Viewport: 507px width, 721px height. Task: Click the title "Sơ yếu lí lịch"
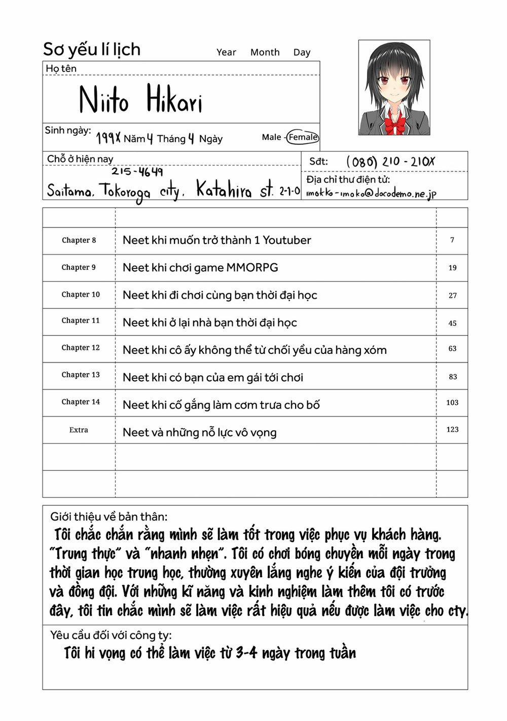click(92, 50)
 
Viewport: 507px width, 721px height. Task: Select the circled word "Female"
click(303, 137)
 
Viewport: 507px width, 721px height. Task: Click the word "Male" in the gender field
click(271, 137)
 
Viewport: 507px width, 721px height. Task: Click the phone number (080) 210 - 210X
click(390, 162)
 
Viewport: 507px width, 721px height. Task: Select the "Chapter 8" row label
click(79, 241)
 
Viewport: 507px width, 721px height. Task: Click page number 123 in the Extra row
click(452, 429)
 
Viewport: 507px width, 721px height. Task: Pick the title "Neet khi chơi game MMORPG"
click(200, 268)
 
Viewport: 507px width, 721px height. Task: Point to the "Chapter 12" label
click(81, 348)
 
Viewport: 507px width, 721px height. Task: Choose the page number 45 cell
click(452, 323)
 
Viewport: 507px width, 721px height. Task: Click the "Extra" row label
click(79, 430)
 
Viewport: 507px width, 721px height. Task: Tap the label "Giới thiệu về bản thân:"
click(108, 517)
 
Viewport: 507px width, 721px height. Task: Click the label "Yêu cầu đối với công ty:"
click(111, 635)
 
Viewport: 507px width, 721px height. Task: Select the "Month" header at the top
click(265, 52)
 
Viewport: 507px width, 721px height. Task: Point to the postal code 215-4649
click(137, 172)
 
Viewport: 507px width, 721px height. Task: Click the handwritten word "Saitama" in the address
click(69, 191)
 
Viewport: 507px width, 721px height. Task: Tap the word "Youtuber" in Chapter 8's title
click(286, 241)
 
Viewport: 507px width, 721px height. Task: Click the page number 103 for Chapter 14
click(452, 403)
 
